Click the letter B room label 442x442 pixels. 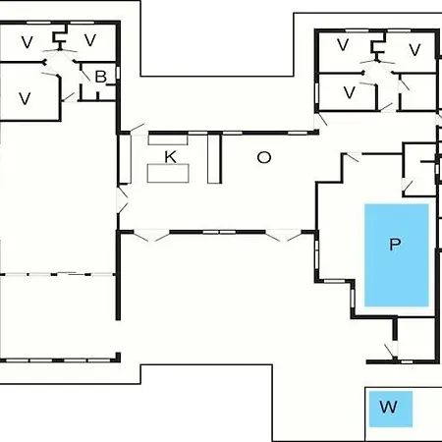(100, 77)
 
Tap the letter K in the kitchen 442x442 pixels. (170, 157)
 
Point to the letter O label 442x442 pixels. (264, 157)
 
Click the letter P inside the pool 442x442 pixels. (395, 245)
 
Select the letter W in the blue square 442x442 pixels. (389, 407)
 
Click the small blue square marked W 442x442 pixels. (391, 410)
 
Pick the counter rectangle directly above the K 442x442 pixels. (168, 139)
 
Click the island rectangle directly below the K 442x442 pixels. (168, 173)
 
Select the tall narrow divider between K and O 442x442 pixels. (214, 158)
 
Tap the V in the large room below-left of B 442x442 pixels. (25, 98)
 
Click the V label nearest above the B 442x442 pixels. (90, 40)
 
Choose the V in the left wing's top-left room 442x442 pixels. (28, 42)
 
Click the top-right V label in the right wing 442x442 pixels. (414, 50)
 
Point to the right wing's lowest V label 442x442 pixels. (350, 92)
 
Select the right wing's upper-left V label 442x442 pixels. (343, 45)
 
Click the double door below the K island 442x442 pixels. (152, 235)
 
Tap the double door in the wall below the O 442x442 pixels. (283, 235)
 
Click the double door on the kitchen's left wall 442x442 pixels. (122, 199)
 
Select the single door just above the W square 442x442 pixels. (392, 352)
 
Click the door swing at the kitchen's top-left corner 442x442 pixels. (138, 129)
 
